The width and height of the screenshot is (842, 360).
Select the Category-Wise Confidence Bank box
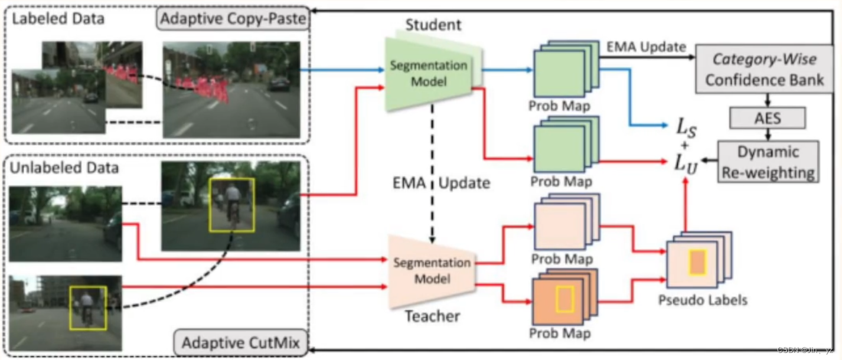point(764,70)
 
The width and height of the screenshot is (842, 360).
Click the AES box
point(768,117)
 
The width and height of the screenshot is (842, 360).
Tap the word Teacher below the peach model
point(432,316)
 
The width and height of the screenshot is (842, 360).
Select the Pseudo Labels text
point(703,300)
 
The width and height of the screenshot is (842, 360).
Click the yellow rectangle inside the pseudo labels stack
point(697,261)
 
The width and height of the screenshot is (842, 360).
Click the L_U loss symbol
point(687,163)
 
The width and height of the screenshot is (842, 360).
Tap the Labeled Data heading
point(57,18)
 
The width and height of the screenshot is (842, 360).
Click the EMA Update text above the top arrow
point(647,46)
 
